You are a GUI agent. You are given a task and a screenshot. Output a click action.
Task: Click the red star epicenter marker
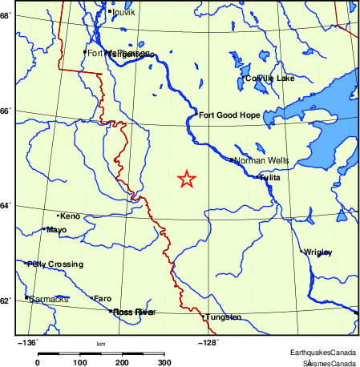[x=186, y=179]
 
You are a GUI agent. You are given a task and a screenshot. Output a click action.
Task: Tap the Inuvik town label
[x=125, y=12]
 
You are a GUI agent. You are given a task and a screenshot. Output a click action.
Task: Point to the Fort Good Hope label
[x=229, y=115]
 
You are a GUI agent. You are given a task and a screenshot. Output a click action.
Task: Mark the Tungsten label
[x=224, y=317]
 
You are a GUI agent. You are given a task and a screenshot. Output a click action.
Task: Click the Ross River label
[x=134, y=312]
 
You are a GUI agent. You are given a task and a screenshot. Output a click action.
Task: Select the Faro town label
[x=103, y=298]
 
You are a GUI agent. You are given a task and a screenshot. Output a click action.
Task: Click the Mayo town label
[x=57, y=230]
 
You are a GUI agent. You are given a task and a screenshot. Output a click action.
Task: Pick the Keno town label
[x=71, y=216]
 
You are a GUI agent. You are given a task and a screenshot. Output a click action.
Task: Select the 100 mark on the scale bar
[x=80, y=363]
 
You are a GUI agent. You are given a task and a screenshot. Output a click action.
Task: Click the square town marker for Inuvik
[x=109, y=11]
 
